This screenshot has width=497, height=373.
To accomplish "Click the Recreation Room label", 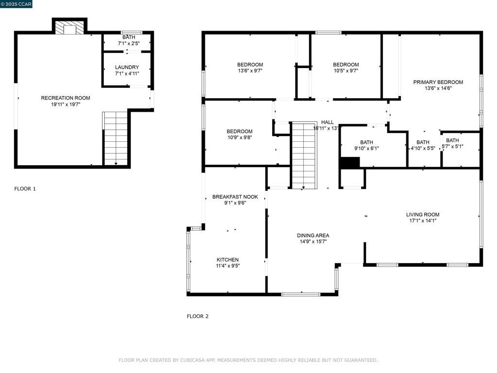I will pyautogui.click(x=65, y=98).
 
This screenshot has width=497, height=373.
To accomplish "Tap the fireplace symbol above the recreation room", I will pyautogui.click(x=70, y=28).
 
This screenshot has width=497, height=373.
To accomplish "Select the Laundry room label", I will pyautogui.click(x=127, y=68).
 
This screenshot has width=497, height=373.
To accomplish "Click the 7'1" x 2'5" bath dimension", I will pyautogui.click(x=129, y=44).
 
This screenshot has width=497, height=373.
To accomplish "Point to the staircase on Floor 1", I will pyautogui.click(x=116, y=138).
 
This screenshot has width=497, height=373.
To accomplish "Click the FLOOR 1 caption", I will pyautogui.click(x=25, y=189).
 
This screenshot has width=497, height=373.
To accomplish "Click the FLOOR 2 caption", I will pyautogui.click(x=198, y=316).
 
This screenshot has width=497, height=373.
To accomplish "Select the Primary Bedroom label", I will pyautogui.click(x=438, y=82).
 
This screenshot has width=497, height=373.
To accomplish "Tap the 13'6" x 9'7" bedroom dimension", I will pyautogui.click(x=250, y=71).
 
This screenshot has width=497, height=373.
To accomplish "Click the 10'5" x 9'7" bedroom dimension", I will pyautogui.click(x=346, y=71).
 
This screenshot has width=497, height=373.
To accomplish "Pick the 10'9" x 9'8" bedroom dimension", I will pyautogui.click(x=239, y=137).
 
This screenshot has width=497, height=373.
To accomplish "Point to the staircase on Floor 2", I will pyautogui.click(x=304, y=155).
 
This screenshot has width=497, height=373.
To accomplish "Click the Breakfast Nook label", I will pyautogui.click(x=235, y=197).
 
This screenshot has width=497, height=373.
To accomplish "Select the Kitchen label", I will pyautogui.click(x=228, y=260).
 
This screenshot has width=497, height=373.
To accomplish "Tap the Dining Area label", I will pyautogui.click(x=313, y=236).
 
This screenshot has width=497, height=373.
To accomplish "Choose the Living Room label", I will pyautogui.click(x=422, y=215).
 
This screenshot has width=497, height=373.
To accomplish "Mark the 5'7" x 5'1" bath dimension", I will pyautogui.click(x=452, y=146).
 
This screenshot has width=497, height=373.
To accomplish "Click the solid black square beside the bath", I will pyautogui.click(x=349, y=163).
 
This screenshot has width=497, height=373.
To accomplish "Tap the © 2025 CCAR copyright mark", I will pyautogui.click(x=17, y=4).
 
